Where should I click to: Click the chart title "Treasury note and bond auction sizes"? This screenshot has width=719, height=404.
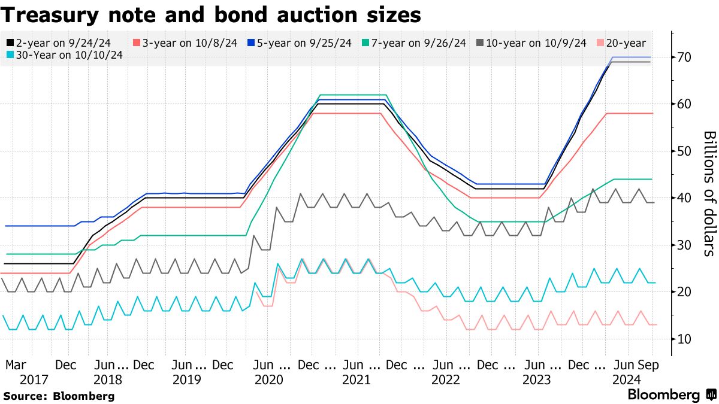click(x=210, y=14)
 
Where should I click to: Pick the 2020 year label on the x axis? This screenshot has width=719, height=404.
click(x=267, y=379)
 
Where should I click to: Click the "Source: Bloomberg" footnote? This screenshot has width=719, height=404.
click(x=59, y=396)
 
